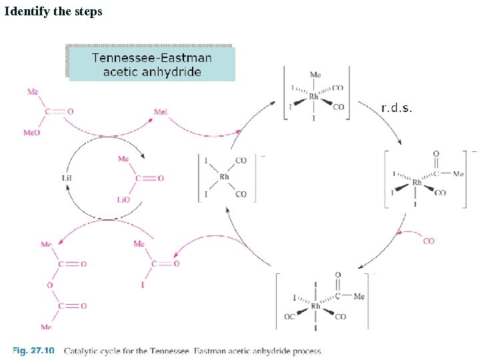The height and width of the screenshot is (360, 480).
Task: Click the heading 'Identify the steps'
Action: [53, 11]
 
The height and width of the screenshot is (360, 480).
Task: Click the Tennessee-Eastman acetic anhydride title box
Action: [152, 64]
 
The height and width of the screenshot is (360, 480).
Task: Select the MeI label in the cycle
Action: [161, 112]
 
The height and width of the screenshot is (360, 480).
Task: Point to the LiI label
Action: [67, 177]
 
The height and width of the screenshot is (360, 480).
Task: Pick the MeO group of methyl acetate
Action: [31, 133]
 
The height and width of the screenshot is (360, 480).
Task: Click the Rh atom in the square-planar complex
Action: [224, 177]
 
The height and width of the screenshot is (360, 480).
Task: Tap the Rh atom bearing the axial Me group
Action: [314, 97]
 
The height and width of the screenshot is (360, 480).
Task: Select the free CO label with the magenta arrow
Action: [429, 241]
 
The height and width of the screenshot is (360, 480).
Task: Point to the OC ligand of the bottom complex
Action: [289, 317]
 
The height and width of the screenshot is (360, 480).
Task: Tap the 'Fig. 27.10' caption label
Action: [33, 351]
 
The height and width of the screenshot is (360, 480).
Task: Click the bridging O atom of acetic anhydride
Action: [49, 285]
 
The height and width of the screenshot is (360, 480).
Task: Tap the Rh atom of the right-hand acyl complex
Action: [417, 182]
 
